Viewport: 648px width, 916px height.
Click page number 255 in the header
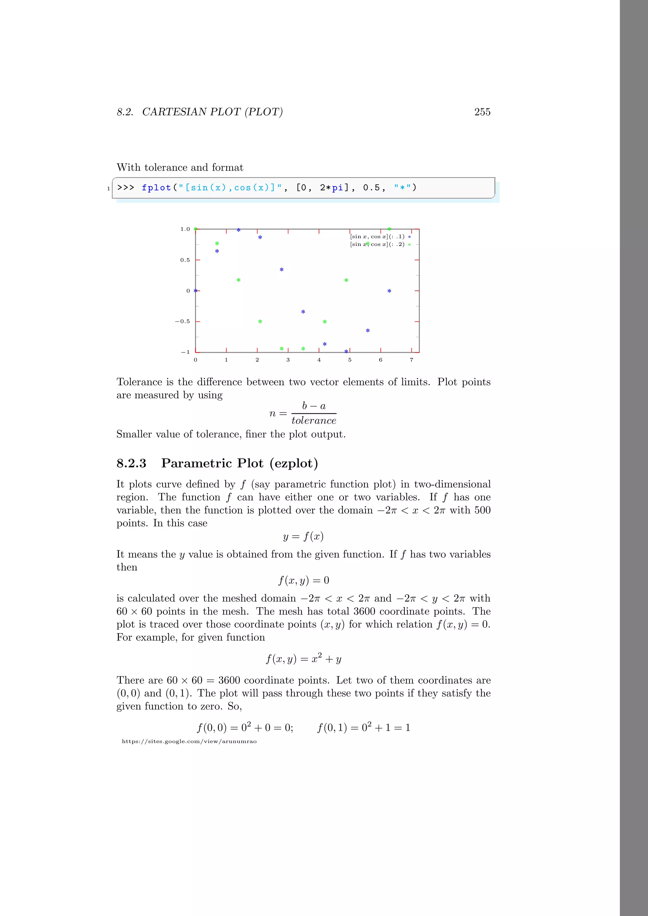click(482, 112)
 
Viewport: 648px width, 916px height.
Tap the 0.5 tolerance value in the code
click(371, 187)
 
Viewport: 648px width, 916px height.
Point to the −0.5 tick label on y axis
click(183, 321)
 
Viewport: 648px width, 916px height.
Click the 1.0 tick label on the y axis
click(185, 229)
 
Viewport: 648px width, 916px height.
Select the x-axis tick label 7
click(411, 360)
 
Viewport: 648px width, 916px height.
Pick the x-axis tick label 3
click(288, 360)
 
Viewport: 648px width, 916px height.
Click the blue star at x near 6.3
click(389, 291)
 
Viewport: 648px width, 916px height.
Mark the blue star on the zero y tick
click(196, 291)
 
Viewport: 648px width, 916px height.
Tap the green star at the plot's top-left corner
click(196, 229)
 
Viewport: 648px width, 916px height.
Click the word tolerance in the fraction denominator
click(314, 420)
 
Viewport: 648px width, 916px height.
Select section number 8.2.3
click(131, 463)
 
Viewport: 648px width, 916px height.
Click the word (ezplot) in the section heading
click(293, 463)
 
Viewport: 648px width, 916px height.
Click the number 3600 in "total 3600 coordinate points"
click(364, 611)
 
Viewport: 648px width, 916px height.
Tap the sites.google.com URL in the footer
click(189, 741)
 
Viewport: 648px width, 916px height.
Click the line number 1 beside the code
click(109, 189)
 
